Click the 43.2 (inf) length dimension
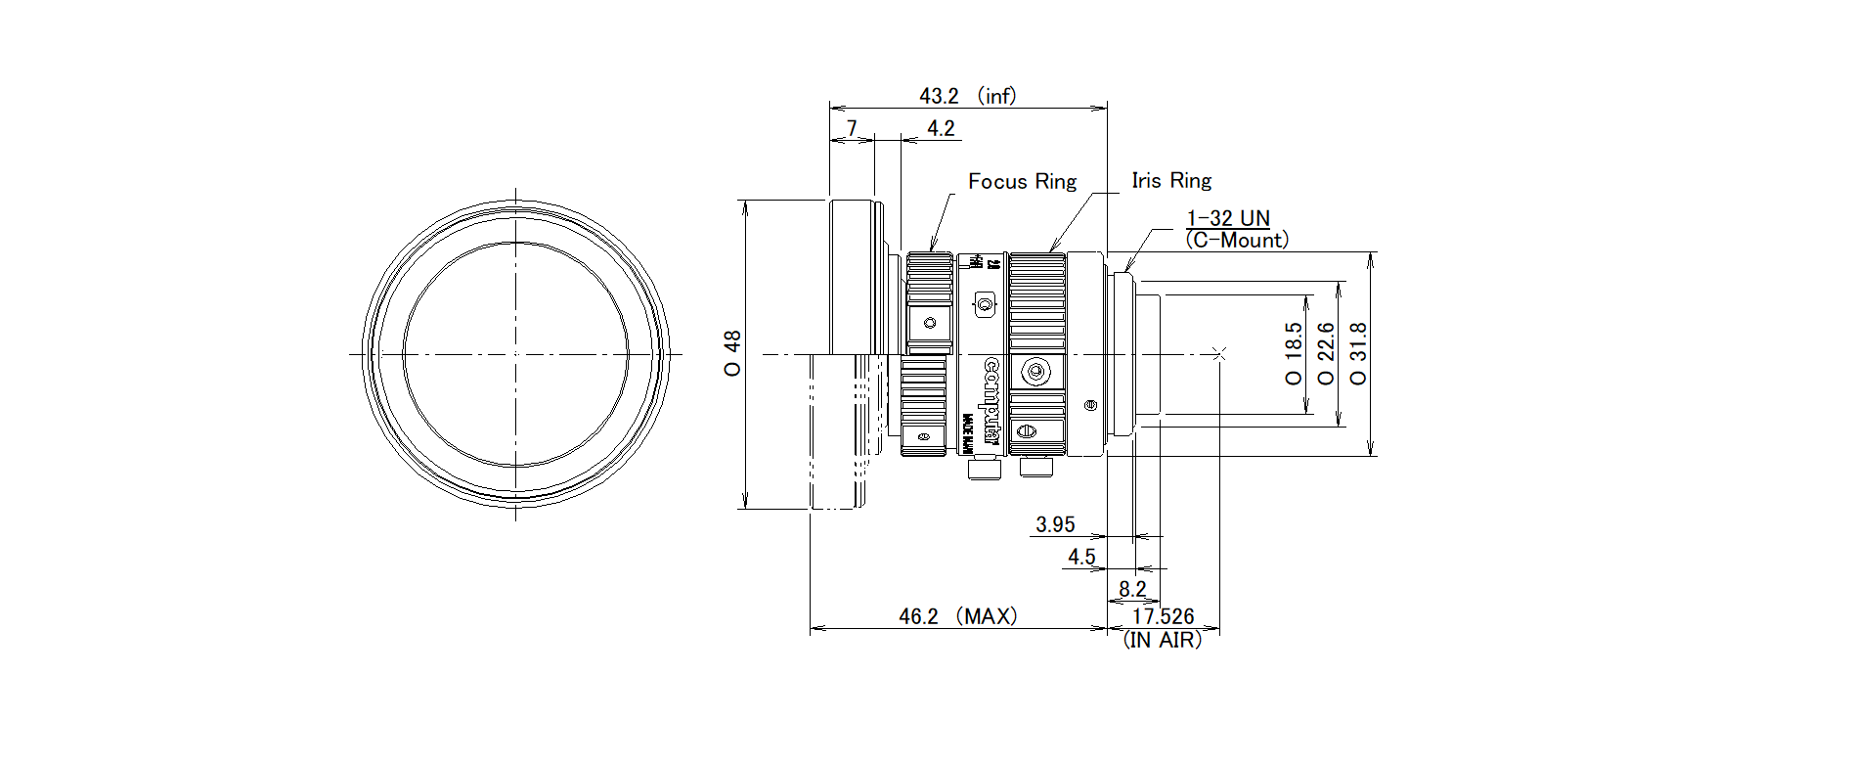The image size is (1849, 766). pyautogui.click(x=967, y=96)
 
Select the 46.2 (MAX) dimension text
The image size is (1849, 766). pyautogui.click(x=958, y=616)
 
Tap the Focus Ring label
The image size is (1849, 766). pyautogui.click(x=1022, y=181)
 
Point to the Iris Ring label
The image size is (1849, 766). pyautogui.click(x=1171, y=180)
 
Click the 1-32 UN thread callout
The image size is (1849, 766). pyautogui.click(x=1228, y=218)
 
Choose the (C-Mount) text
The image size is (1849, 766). pyautogui.click(x=1237, y=240)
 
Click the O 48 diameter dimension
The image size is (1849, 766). pyautogui.click(x=732, y=354)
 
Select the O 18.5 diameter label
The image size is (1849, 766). pyautogui.click(x=1294, y=354)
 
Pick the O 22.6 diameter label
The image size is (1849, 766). pyautogui.click(x=1326, y=354)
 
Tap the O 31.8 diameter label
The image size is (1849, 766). pyautogui.click(x=1358, y=354)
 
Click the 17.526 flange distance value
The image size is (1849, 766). pyautogui.click(x=1163, y=616)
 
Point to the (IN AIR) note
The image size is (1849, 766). pyautogui.click(x=1163, y=640)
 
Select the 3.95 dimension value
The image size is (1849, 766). pyautogui.click(x=1055, y=524)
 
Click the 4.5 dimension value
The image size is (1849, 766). pyautogui.click(x=1081, y=557)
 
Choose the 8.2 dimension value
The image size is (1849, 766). pyautogui.click(x=1132, y=589)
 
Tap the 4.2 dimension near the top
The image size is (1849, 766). pyautogui.click(x=941, y=128)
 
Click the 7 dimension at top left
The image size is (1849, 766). pyautogui.click(x=852, y=128)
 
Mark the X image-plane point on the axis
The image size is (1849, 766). pyautogui.click(x=1218, y=353)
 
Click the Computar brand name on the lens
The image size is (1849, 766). pyautogui.click(x=991, y=401)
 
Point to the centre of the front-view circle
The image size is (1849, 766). pyautogui.click(x=516, y=353)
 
